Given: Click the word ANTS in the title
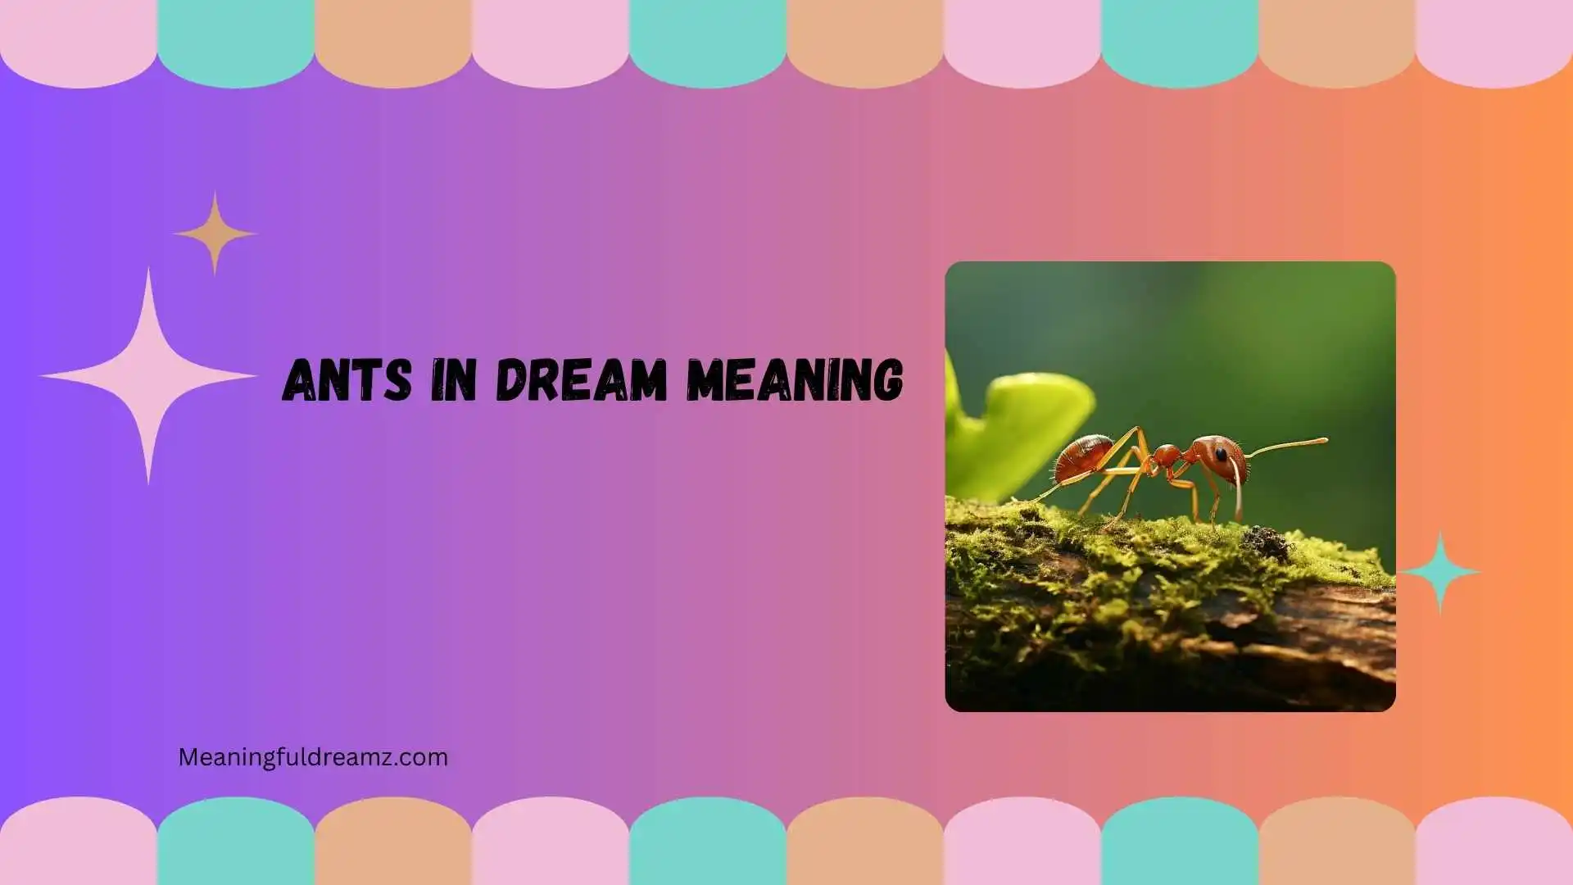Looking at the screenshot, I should pos(347,380).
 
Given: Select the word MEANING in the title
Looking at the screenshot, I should pos(795,380).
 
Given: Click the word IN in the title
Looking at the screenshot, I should pos(453,380).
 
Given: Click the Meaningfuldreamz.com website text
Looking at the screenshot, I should pos(313,757).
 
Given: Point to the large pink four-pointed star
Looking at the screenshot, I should pos(148,376).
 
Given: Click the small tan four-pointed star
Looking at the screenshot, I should pos(215,234).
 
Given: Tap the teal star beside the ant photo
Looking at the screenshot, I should pos(1440,572).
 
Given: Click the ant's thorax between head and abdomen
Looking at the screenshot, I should pos(1165,457).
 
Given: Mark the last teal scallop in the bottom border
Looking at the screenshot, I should pos(1180,844).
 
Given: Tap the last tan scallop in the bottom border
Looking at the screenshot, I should pos(1337,844).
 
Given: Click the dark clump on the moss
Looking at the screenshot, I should pos(1266,541).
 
